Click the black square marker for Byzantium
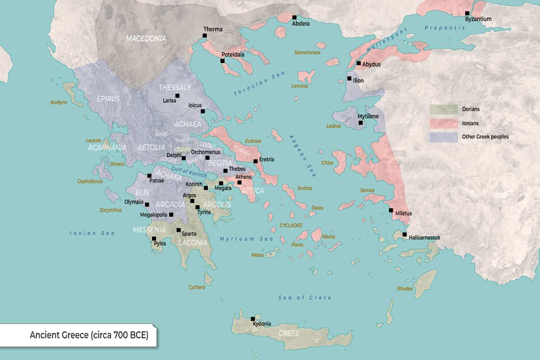467,13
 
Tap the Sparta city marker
179,230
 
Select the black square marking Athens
239,182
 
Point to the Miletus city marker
391,210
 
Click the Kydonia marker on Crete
253,319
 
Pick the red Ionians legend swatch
443,123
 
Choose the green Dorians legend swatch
443,109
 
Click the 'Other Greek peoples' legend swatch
443,136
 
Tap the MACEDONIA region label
146,39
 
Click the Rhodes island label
405,288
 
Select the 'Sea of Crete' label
304,298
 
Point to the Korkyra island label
58,102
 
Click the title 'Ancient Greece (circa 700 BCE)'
89,335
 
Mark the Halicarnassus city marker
405,234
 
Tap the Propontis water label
445,28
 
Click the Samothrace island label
307,53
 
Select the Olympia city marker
147,204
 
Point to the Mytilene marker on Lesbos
360,122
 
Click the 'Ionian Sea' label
92,233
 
